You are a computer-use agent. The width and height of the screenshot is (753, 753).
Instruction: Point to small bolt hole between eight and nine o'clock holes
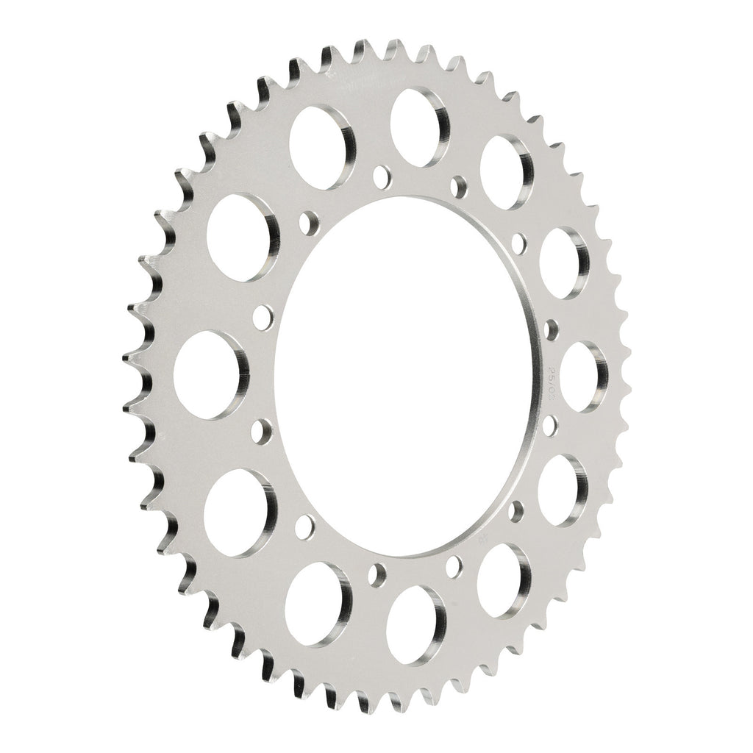pyautogui.click(x=260, y=430)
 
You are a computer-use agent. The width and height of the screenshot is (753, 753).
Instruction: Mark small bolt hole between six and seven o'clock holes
pyautogui.click(x=379, y=573)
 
